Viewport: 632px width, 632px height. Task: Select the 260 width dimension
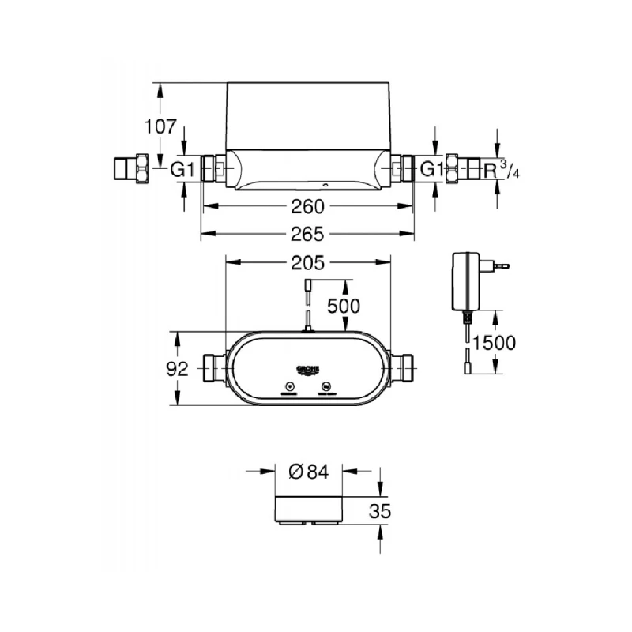(x=307, y=207)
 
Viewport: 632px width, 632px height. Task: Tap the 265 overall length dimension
(x=307, y=235)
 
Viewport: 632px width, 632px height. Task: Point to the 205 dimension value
(x=308, y=264)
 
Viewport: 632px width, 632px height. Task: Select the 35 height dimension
(x=380, y=511)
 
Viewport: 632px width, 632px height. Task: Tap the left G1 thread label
(x=183, y=168)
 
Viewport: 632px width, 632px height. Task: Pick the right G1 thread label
(x=431, y=168)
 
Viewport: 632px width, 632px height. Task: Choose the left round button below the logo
(x=289, y=388)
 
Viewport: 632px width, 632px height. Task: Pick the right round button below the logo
(x=327, y=388)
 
